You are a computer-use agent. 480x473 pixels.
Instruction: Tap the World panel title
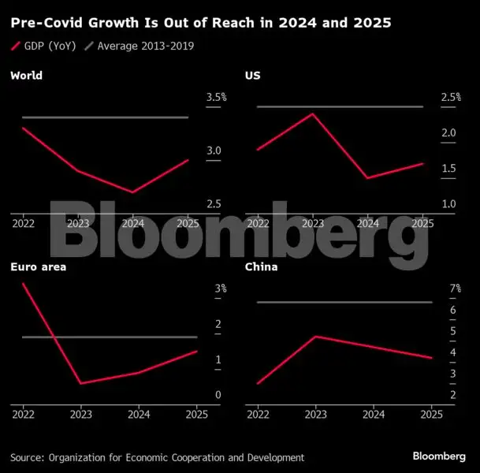26,76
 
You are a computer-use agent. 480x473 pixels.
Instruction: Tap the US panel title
252,76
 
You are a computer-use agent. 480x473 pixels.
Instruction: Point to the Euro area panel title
38,267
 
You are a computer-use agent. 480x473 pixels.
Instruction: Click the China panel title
261,267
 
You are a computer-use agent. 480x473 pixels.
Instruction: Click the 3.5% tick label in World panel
216,97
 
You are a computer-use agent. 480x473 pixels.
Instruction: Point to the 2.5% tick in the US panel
450,97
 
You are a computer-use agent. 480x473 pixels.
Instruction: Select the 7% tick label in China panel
455,289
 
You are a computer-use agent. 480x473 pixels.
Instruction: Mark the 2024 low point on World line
133,192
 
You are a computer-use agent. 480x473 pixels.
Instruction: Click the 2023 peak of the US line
313,114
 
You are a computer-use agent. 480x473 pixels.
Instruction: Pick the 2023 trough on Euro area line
80,383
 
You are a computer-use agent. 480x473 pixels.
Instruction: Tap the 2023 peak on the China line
315,337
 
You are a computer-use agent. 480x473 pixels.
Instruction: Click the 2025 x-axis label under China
431,414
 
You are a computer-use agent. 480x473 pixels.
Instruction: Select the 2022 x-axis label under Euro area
23,414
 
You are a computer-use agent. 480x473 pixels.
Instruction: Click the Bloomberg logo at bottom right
440,457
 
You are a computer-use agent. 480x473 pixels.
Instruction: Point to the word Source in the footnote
26,457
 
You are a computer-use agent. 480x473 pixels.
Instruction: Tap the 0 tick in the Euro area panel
218,395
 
